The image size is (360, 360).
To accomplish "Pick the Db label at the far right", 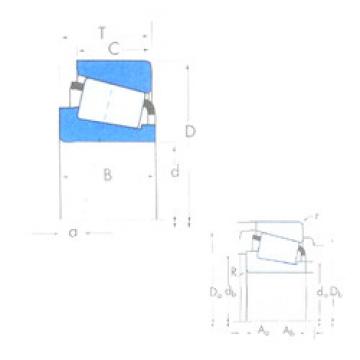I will (335, 293).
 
